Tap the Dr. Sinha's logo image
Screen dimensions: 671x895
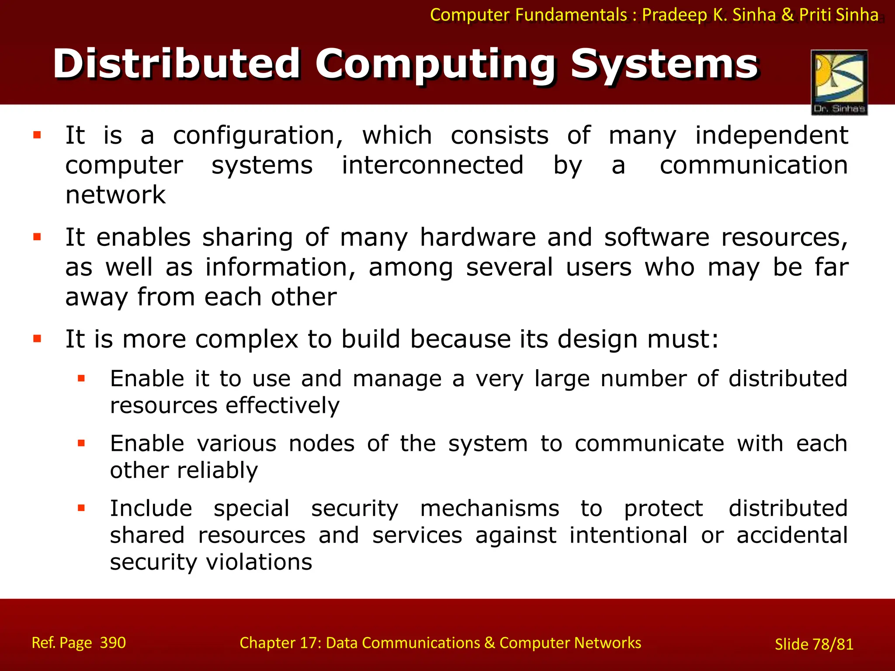click(x=839, y=82)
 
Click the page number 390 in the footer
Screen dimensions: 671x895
click(x=113, y=643)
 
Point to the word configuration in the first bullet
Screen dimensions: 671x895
click(x=258, y=136)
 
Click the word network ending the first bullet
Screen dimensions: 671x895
click(x=115, y=195)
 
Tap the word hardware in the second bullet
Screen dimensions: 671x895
click(x=478, y=238)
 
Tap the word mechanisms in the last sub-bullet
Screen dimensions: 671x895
click(x=489, y=509)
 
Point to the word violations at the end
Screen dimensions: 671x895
click(x=259, y=562)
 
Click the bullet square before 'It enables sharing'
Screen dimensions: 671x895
click(x=37, y=237)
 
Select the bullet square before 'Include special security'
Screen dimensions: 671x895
click(x=81, y=508)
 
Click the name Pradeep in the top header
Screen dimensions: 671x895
click(x=675, y=15)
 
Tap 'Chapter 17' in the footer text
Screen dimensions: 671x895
click(x=280, y=643)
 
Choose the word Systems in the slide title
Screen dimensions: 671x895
click(x=664, y=64)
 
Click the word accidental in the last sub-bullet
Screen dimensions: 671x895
click(x=792, y=536)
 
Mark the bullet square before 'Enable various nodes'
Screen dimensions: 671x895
click(x=81, y=443)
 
